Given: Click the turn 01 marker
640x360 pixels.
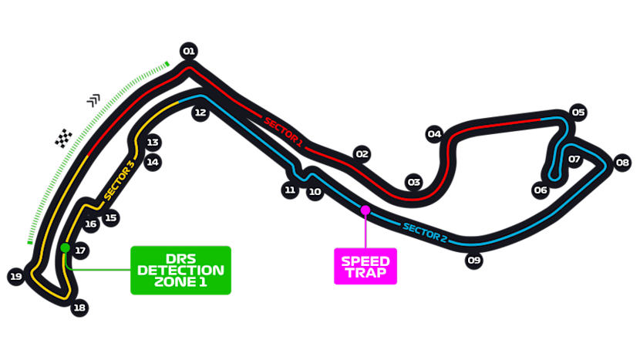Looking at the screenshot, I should [x=188, y=52].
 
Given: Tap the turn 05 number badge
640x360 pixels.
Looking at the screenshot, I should [x=578, y=112].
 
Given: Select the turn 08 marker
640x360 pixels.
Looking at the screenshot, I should [x=622, y=163].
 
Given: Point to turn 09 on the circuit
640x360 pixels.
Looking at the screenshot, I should [x=474, y=261].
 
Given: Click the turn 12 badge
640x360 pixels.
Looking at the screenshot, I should [x=200, y=113].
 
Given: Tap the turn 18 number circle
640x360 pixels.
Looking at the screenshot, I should [x=79, y=308].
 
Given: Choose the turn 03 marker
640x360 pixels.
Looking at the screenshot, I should [x=414, y=183].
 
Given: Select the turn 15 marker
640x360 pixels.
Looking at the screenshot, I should [x=111, y=218].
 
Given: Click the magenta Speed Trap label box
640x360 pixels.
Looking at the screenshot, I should [x=365, y=266].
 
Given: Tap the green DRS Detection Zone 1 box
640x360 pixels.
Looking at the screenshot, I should [x=180, y=270].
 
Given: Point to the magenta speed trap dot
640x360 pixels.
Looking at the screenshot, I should [x=365, y=210].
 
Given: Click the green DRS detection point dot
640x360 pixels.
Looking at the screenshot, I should [x=66, y=248].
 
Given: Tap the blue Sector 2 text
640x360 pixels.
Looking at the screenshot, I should [x=424, y=231].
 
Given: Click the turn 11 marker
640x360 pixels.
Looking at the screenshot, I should [x=290, y=189].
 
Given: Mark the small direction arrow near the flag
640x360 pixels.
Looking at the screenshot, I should [x=94, y=99].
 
